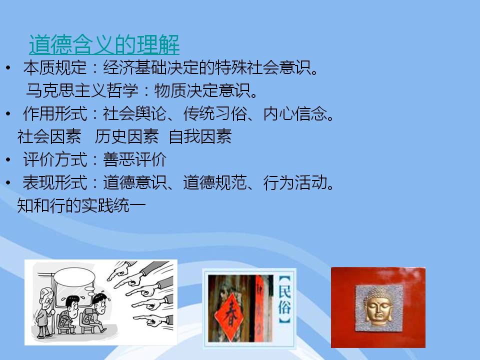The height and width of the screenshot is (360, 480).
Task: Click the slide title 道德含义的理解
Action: point(104,44)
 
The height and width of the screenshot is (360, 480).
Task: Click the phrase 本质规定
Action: point(55,67)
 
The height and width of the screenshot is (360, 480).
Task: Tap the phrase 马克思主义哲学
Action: point(82,90)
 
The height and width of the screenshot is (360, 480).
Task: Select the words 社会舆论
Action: point(134,113)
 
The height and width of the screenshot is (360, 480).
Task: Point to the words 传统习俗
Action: point(215,113)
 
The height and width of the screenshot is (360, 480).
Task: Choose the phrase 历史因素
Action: point(126,136)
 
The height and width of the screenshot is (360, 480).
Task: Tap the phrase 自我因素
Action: point(200,136)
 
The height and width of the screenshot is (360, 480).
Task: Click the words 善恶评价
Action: point(134,159)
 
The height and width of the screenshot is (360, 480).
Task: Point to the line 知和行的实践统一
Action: point(81,205)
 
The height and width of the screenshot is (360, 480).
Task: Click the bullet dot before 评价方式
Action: point(8,159)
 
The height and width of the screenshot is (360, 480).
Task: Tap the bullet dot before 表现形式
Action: point(8,183)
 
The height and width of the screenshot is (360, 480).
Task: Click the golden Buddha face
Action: point(378,307)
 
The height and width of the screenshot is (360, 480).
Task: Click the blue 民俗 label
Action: point(284,299)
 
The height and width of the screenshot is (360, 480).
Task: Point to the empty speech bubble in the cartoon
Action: point(74,277)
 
